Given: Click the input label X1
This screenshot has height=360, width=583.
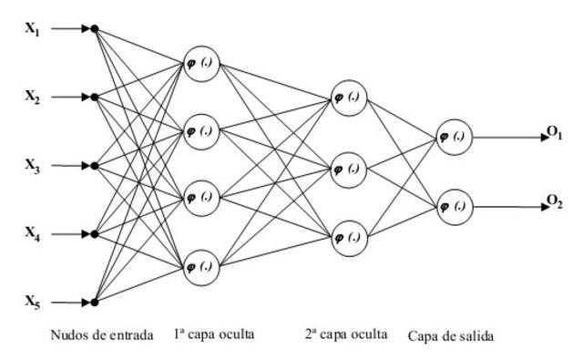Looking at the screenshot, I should (x=31, y=27).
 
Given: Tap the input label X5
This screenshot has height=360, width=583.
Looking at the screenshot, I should (x=31, y=302).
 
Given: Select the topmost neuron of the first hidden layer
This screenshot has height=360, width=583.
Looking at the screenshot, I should (x=199, y=62).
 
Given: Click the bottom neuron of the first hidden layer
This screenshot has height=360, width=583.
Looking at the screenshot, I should (x=199, y=266).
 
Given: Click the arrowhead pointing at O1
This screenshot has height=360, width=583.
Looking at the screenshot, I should (x=539, y=139).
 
